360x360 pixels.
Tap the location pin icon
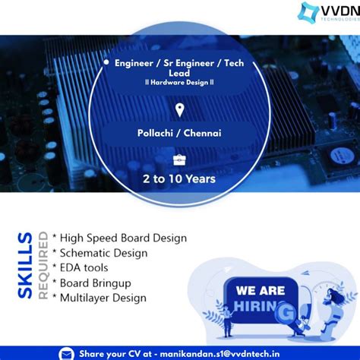point(180,111)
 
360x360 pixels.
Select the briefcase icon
point(180,159)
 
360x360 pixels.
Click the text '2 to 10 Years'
point(180,179)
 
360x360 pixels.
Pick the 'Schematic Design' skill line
point(103,253)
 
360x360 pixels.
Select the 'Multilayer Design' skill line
point(103,298)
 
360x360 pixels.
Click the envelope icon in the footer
point(68,353)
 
